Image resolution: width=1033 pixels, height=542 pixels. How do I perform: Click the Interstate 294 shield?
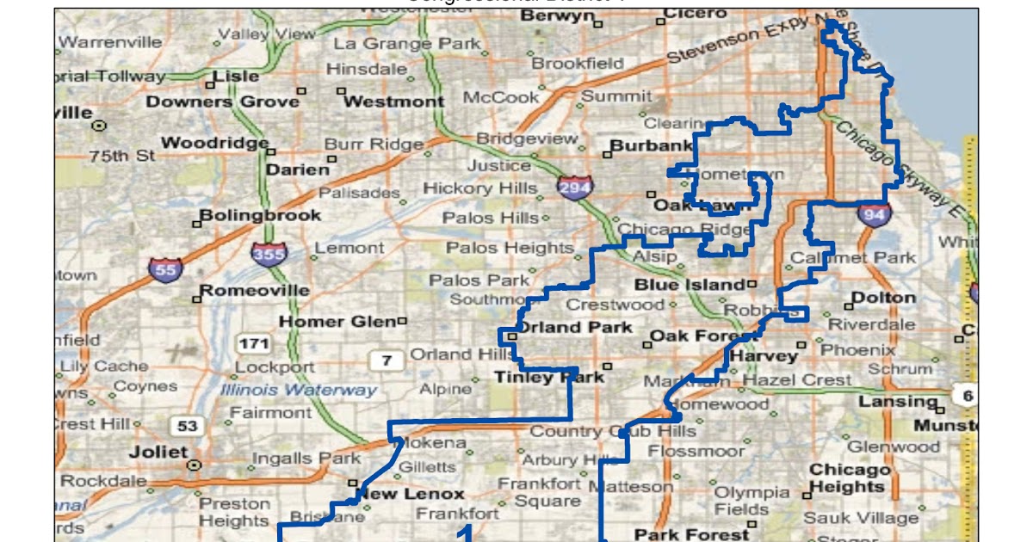click(572, 188)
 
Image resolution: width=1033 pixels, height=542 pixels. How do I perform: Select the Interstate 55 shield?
click(164, 270)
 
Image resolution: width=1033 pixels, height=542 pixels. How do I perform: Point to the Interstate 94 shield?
click(873, 214)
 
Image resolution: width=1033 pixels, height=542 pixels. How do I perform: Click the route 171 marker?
click(254, 344)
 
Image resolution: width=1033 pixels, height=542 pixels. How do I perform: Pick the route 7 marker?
click(387, 360)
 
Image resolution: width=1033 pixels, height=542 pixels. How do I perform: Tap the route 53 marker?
click(187, 425)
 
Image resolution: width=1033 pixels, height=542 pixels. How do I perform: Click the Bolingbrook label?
click(260, 215)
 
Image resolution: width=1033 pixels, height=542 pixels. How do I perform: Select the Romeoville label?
click(255, 290)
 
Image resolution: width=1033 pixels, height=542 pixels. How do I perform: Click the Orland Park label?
click(574, 327)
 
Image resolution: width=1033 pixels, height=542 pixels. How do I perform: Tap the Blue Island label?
click(690, 284)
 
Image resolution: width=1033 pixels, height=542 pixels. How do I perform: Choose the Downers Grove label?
click(222, 102)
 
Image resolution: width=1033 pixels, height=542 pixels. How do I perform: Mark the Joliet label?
click(158, 452)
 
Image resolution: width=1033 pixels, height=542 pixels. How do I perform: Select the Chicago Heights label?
click(849, 478)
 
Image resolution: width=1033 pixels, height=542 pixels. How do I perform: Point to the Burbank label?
click(652, 145)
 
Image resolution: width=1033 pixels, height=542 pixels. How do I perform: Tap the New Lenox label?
click(411, 494)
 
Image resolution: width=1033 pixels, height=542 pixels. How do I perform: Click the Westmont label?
click(393, 102)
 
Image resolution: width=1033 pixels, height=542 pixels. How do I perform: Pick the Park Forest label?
click(679, 534)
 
